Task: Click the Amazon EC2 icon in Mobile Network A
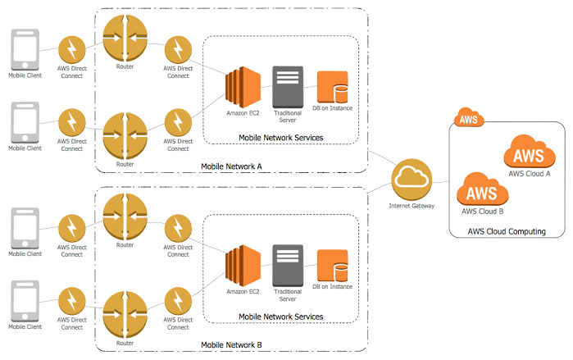243,85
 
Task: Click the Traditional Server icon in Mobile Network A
288,85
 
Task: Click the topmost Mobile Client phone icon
24,48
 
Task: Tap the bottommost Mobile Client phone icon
24,303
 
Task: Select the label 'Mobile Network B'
231,345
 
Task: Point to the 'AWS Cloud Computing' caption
506,232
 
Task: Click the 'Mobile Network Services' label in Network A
280,138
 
